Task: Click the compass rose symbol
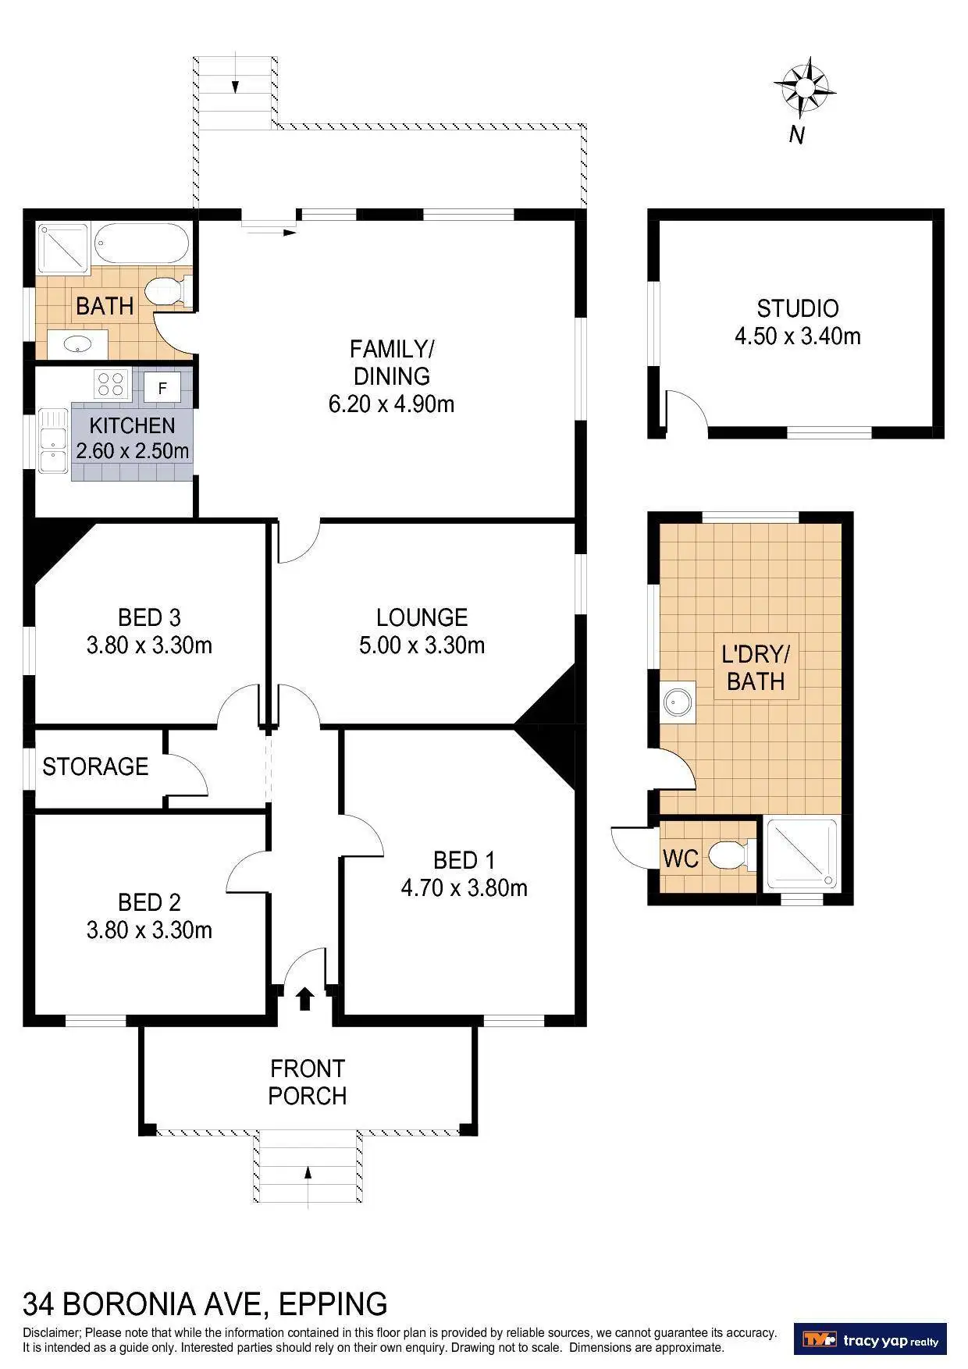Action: click(804, 87)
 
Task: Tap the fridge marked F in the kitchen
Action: click(162, 386)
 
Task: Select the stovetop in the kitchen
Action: click(111, 383)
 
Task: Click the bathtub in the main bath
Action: click(142, 244)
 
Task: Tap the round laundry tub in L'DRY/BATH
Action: click(678, 701)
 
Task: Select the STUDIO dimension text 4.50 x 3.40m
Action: click(797, 336)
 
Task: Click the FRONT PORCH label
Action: click(308, 1082)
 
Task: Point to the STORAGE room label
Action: click(95, 766)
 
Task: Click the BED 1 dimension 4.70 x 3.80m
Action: click(464, 888)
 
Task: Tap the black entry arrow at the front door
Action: click(305, 998)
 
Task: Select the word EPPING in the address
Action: click(333, 1304)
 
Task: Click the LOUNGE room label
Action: click(422, 617)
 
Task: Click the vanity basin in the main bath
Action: click(77, 343)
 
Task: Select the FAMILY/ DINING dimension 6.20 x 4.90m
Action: click(391, 404)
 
